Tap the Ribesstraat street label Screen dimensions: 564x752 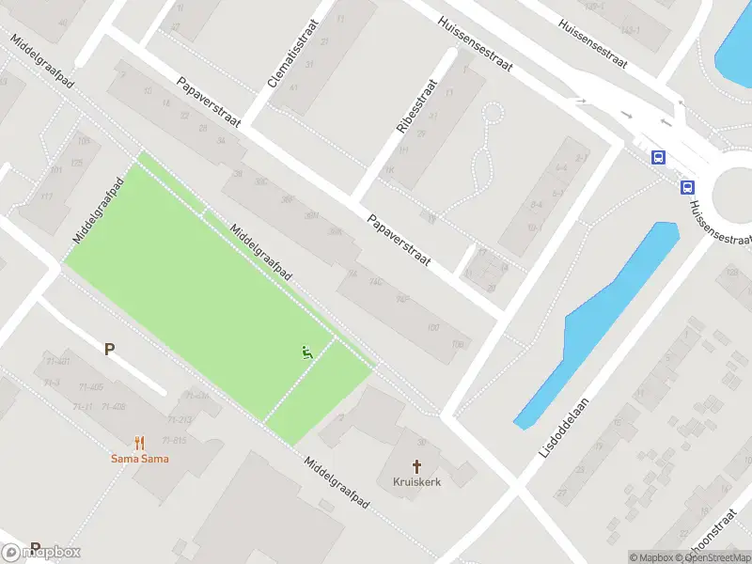point(415,106)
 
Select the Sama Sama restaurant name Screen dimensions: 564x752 point(139,459)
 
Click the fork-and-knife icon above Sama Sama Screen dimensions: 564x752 point(139,442)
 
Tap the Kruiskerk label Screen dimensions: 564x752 point(416,481)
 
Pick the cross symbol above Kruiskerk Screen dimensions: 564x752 point(416,465)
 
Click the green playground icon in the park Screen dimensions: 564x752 point(306,352)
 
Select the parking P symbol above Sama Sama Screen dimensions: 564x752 point(110,350)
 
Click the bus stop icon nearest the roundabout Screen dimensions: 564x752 point(688,187)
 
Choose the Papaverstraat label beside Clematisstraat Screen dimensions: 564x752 point(209,102)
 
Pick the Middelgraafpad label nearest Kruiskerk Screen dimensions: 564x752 point(337,483)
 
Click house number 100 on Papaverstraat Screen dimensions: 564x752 point(433,327)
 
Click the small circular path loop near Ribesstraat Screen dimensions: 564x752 point(492,115)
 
